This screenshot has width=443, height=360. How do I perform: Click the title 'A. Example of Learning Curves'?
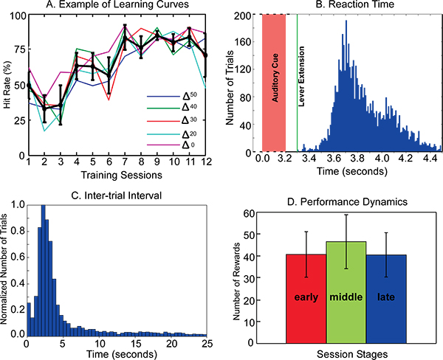[x=116, y=7]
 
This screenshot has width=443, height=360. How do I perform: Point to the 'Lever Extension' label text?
[x=303, y=80]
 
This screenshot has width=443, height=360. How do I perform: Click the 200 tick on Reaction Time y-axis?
[x=248, y=14]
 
